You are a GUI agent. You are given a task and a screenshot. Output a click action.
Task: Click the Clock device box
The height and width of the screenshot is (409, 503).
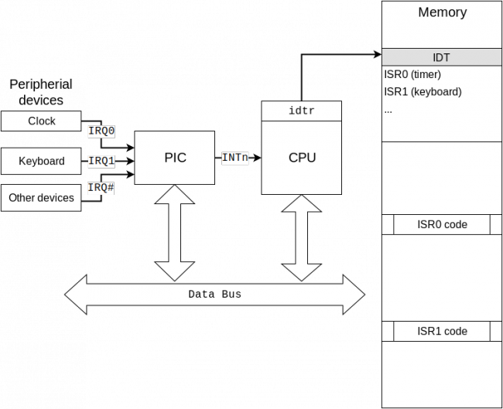tap(41, 121)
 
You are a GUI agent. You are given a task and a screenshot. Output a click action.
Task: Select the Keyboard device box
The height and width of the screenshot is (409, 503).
tap(41, 162)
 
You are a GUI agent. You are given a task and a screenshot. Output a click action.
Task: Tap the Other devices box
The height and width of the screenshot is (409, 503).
tap(41, 198)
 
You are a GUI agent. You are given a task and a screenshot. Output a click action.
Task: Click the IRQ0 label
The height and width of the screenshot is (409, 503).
tap(101, 131)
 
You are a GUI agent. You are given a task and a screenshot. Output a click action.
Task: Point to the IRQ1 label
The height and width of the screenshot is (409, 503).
tap(101, 162)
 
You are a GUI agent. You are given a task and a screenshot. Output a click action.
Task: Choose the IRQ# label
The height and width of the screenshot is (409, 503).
tap(101, 187)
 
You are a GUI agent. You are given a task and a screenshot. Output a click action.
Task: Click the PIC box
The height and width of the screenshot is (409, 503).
tap(175, 158)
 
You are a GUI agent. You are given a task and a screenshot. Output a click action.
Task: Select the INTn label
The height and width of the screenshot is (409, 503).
tap(235, 158)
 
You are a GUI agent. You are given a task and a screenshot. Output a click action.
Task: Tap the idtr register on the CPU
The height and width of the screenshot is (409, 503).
tap(301, 111)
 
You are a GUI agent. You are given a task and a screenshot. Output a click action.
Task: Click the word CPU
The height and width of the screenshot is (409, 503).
tap(301, 158)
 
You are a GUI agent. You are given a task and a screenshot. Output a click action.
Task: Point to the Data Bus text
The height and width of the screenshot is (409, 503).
tap(214, 295)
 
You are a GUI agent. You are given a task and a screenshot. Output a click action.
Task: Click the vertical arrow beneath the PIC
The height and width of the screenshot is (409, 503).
tap(175, 232)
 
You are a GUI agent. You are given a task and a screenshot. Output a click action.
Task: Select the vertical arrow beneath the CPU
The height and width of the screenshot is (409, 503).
tap(301, 237)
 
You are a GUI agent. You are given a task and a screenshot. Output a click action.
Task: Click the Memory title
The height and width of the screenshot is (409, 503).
tap(442, 12)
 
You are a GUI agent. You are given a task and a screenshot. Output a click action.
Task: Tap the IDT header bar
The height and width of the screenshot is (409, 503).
tap(442, 57)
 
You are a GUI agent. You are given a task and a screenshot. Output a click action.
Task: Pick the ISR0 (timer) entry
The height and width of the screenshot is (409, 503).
tap(412, 75)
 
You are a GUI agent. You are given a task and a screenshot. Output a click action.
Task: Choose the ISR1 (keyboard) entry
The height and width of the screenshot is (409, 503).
tap(423, 92)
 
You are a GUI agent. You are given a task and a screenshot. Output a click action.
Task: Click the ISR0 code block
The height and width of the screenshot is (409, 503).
tap(442, 225)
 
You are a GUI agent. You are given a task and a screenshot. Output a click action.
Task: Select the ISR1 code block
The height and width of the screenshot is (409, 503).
tap(442, 332)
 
